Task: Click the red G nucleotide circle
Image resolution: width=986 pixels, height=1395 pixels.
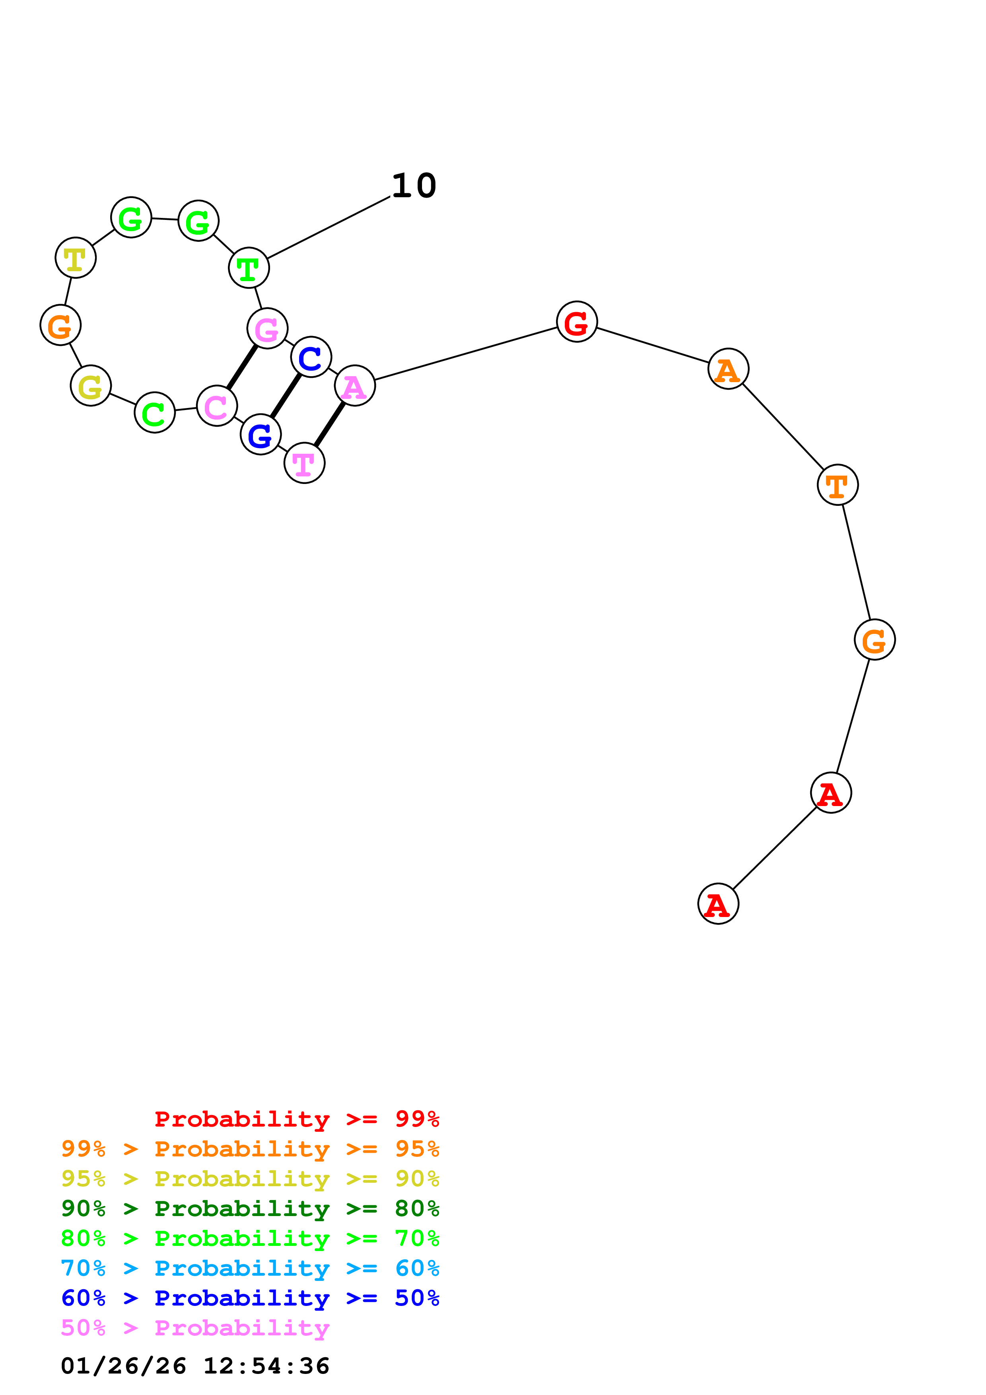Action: tap(577, 321)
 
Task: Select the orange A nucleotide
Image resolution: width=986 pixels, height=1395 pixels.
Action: tap(728, 369)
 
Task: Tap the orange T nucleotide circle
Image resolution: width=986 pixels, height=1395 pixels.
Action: tap(837, 485)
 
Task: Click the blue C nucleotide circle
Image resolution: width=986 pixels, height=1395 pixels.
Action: tap(311, 357)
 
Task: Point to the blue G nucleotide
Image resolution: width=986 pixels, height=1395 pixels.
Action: tap(261, 434)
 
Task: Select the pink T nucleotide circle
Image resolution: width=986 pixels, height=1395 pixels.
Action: tap(304, 463)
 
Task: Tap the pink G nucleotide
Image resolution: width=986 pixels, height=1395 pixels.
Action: tap(267, 328)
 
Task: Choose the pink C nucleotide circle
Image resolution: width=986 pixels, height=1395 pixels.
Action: tap(217, 406)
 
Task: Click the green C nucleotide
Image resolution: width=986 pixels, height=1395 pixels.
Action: tap(155, 412)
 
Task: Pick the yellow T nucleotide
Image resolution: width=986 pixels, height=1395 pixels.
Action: tap(75, 258)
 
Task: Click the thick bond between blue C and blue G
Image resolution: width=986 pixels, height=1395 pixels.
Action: tap(286, 396)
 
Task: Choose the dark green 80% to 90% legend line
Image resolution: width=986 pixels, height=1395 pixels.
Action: tap(250, 1208)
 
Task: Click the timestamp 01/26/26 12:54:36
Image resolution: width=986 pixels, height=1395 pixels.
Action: tap(195, 1366)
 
